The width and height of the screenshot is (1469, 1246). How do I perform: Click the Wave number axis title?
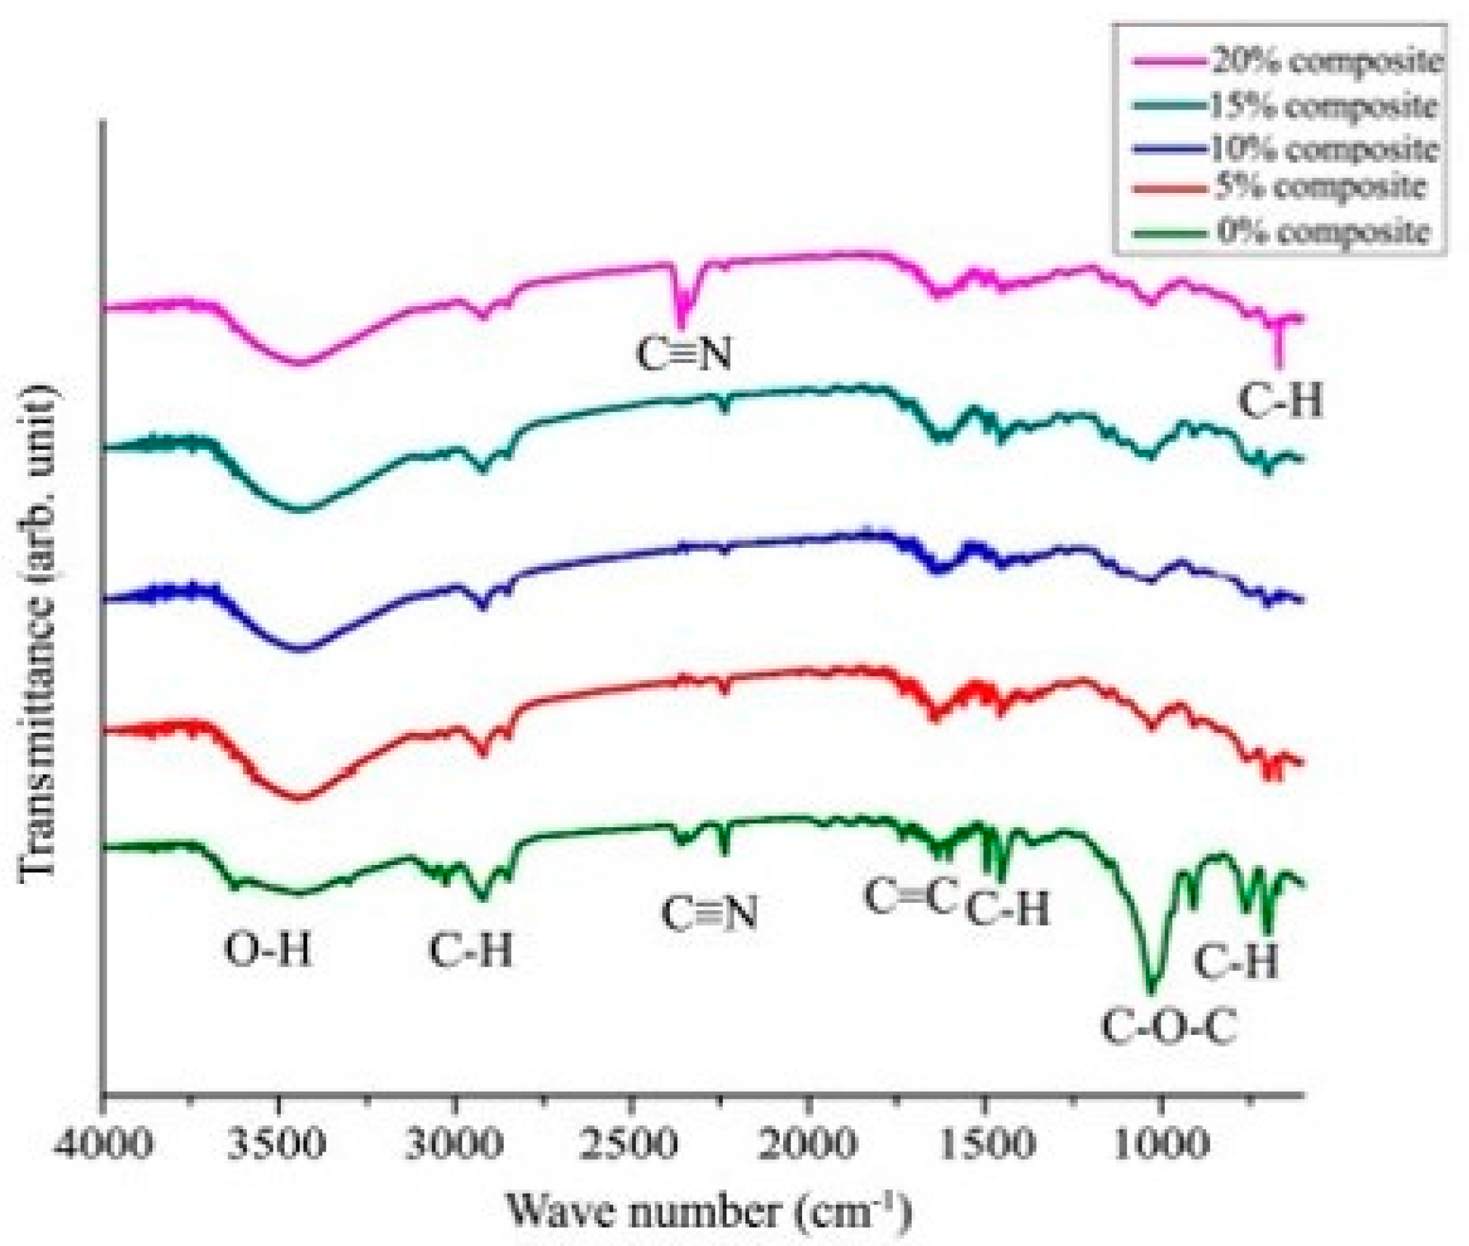pos(707,1210)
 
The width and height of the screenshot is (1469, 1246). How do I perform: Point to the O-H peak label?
pos(269,948)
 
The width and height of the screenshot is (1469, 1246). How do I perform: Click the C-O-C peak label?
pos(1169,1028)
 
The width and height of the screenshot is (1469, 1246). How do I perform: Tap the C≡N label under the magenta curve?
pos(684,354)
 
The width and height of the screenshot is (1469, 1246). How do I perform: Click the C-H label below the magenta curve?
pos(1281,401)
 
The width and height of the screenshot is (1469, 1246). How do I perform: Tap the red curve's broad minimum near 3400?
pos(300,798)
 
